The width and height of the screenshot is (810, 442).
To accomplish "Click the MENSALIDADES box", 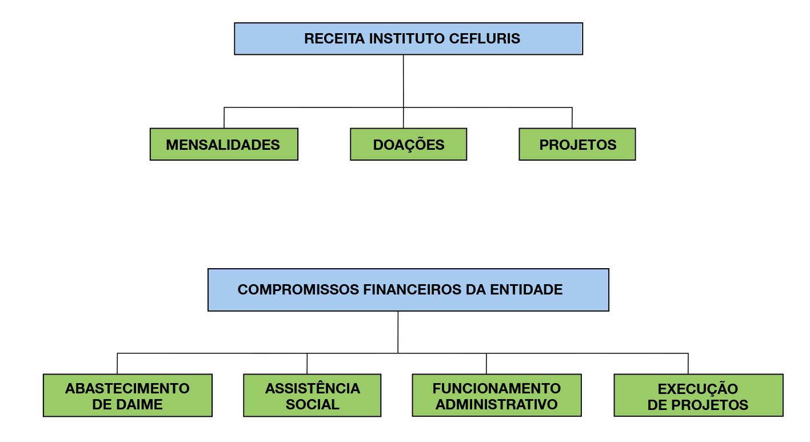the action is tap(224, 144).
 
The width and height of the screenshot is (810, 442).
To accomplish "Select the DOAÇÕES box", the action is tap(408, 144).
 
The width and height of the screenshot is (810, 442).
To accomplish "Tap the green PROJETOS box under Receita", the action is tap(577, 144).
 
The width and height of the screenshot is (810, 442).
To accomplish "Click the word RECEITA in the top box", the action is tap(334, 39).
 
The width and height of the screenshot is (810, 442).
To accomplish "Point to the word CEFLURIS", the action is tap(485, 39).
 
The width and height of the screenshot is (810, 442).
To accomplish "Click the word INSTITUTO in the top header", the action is tap(406, 39).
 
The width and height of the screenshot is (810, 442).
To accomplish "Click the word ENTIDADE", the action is tap(526, 290).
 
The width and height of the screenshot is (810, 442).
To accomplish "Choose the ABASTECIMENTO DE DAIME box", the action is tap(127, 395).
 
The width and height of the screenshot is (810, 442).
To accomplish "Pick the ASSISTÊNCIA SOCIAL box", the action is tap(312, 395).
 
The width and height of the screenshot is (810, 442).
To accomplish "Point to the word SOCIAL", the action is tap(313, 404).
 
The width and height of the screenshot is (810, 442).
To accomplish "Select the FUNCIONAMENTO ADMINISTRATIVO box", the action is tap(497, 395).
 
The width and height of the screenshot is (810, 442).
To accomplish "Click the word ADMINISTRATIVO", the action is tap(497, 404).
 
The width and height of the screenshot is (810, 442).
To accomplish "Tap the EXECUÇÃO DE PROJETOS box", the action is tap(699, 395).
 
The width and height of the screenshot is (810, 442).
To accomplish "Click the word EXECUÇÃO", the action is tap(698, 388).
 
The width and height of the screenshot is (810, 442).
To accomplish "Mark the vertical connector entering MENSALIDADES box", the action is tap(224, 118).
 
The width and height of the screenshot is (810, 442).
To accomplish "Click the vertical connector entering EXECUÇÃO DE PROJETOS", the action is tap(688, 364).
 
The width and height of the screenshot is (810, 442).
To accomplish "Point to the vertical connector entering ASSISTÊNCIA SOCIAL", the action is tap(307, 364).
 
